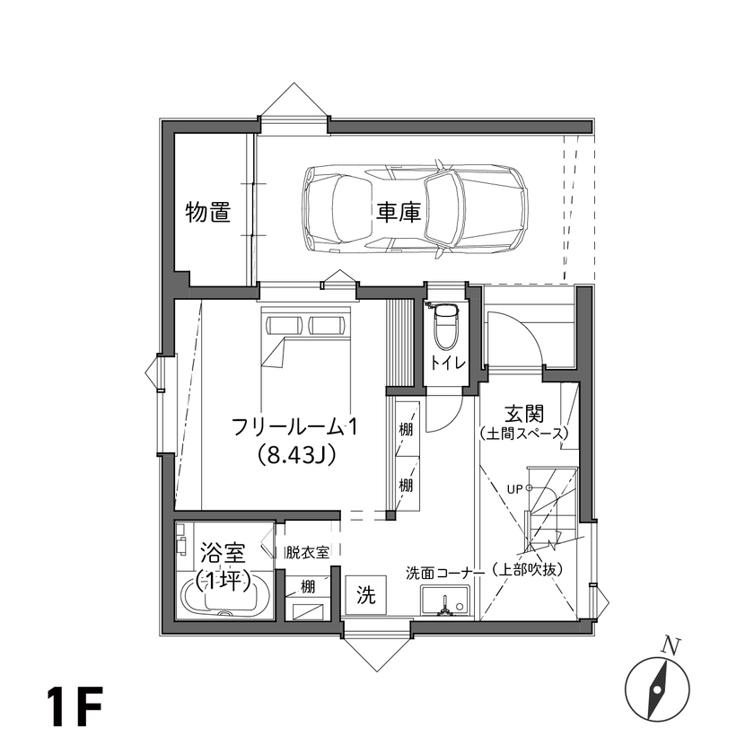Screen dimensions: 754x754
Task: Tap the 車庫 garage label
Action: [399, 213]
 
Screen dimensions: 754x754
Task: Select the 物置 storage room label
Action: [208, 213]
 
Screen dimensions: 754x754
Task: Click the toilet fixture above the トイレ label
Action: [445, 329]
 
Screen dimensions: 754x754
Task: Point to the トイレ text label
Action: [446, 364]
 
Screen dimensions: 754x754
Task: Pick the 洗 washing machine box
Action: [365, 594]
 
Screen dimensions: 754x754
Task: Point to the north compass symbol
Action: [657, 688]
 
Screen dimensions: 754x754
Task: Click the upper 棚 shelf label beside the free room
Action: [407, 430]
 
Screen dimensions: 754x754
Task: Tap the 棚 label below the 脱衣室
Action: [307, 588]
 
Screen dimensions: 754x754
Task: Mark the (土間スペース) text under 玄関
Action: [525, 434]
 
